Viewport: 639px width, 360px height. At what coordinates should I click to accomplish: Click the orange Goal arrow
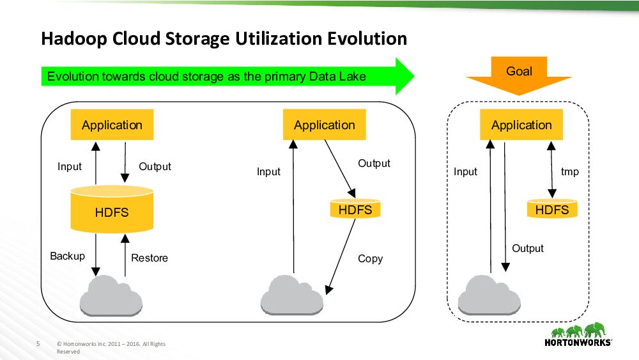[519, 74]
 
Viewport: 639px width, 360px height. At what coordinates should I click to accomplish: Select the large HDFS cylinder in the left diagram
[112, 210]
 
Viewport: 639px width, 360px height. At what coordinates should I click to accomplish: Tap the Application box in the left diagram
[112, 125]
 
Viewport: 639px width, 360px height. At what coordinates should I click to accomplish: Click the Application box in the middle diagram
[324, 125]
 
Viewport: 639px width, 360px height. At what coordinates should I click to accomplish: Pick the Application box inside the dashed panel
[521, 125]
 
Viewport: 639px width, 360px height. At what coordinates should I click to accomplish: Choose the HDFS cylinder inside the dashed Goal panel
[551, 209]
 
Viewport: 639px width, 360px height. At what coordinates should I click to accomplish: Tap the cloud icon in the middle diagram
[291, 295]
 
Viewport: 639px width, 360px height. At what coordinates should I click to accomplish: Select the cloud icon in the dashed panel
[489, 295]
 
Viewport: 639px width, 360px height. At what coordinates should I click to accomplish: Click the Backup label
[67, 256]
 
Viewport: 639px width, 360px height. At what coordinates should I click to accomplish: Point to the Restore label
[150, 258]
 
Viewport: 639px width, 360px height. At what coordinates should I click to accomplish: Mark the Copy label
[370, 258]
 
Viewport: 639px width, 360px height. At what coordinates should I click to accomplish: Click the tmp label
[569, 171]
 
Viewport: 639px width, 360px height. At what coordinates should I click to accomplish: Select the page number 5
[38, 344]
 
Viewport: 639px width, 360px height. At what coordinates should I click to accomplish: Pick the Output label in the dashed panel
[528, 248]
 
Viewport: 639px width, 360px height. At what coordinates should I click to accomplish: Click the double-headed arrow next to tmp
[551, 169]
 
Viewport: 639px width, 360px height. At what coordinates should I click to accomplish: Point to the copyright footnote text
[111, 347]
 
